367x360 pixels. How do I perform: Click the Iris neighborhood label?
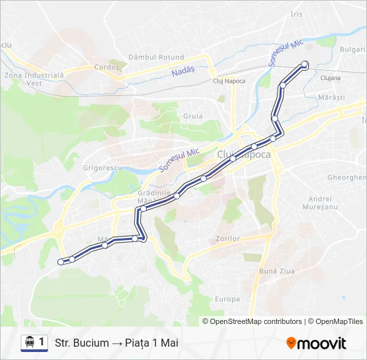(297, 14)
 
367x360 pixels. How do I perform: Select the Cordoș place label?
(107, 67)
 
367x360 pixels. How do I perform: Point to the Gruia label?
(193, 116)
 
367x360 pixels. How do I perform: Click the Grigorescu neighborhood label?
(102, 168)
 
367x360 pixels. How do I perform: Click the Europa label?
(228, 299)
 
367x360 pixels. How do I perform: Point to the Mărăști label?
(331, 97)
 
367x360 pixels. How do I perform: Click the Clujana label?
(330, 78)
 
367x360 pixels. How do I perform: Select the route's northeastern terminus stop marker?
(305, 64)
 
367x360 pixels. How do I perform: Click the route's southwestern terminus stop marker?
(61, 262)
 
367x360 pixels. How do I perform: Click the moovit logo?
(316, 343)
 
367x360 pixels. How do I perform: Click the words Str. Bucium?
(82, 343)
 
